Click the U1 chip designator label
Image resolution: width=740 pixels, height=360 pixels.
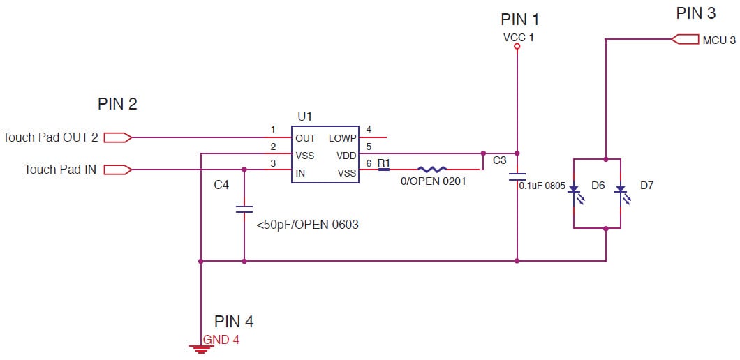click(305, 116)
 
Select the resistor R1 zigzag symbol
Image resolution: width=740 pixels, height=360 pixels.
click(432, 169)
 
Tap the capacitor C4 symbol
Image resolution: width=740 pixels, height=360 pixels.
click(244, 209)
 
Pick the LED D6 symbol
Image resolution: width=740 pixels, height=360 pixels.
click(574, 193)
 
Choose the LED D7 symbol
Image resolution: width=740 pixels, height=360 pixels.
click(620, 193)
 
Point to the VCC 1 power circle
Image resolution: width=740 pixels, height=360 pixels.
click(517, 47)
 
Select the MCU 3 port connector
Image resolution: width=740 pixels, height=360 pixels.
click(685, 40)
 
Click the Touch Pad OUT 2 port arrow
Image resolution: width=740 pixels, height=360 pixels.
click(117, 137)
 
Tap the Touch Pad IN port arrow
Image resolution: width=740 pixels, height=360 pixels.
click(117, 170)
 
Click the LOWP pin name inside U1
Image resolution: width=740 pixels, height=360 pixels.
click(342, 138)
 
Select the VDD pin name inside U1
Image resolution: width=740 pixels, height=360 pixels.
click(346, 156)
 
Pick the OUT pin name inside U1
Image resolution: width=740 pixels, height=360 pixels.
click(305, 138)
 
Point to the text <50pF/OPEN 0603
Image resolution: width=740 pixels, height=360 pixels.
click(307, 225)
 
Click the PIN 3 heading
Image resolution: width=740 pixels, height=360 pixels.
click(695, 13)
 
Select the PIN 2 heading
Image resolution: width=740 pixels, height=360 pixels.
click(117, 105)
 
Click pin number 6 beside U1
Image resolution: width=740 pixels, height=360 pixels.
click(369, 164)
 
